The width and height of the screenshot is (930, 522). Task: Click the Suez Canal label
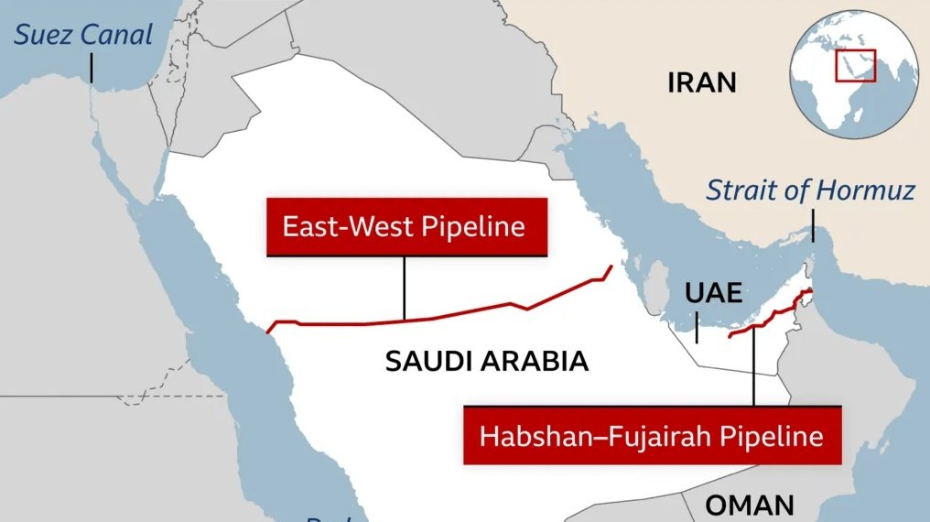tap(83, 36)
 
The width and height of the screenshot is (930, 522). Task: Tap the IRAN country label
tap(702, 83)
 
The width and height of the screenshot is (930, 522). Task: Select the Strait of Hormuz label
tap(810, 190)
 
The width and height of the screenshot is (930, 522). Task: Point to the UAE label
tap(712, 293)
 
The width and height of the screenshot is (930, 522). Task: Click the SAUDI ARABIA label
tap(486, 361)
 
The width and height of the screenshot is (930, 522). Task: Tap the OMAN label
tap(750, 505)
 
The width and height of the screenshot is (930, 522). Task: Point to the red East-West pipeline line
tap(458, 314)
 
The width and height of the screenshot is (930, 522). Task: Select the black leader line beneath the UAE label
tap(696, 327)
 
